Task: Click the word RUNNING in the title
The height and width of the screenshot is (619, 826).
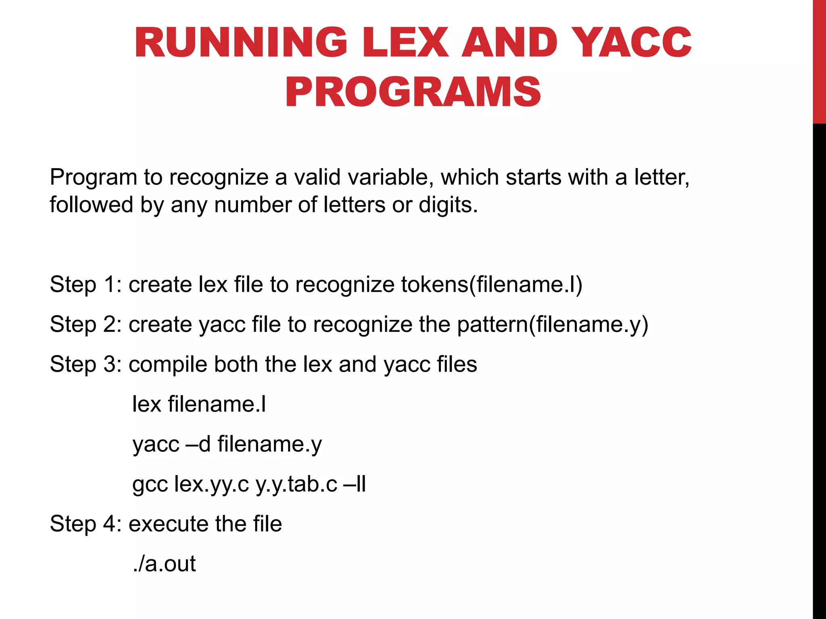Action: (241, 43)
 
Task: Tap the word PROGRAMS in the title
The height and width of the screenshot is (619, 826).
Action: (413, 92)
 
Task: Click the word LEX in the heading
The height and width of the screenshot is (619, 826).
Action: (405, 43)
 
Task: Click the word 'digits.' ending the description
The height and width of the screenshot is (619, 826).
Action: (448, 205)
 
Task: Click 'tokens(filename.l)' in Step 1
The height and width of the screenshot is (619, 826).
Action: (492, 285)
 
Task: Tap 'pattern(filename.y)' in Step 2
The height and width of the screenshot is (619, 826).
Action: (553, 324)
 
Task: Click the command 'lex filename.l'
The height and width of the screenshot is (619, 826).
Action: (199, 404)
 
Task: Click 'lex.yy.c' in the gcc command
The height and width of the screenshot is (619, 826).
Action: (211, 484)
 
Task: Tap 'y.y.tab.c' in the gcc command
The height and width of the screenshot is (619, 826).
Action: (296, 484)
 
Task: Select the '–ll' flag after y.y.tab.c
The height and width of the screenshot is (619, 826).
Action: (355, 484)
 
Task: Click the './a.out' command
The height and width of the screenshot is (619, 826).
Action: (164, 564)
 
